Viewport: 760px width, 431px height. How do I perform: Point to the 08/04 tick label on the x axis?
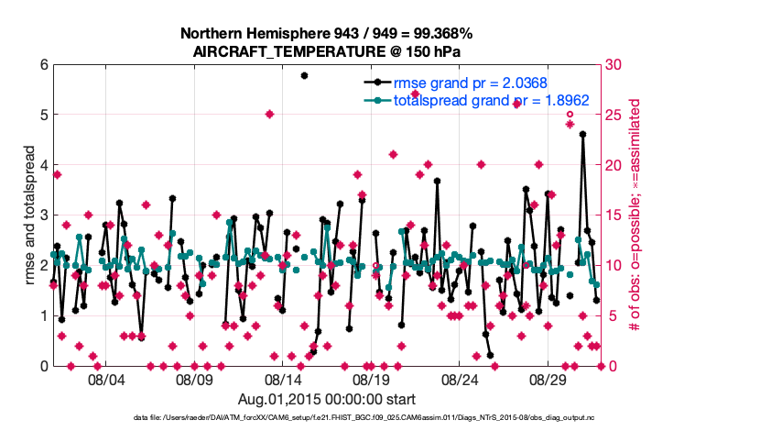105,379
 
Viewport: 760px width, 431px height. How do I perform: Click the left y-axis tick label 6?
43,65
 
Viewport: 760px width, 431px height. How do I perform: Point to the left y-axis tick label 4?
43,165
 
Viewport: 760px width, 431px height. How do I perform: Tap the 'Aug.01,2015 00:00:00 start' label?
327,399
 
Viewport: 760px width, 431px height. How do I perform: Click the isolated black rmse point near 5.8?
305,75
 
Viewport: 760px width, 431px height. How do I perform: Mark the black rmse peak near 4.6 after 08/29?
583,135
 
